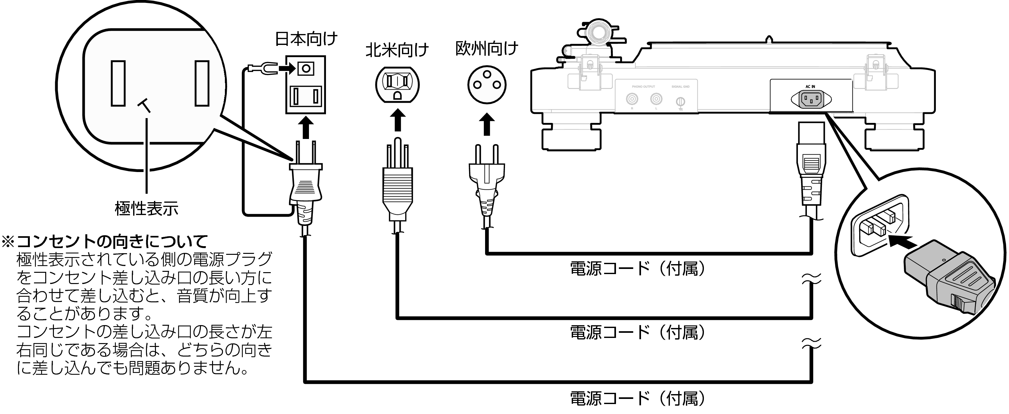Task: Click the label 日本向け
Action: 306,39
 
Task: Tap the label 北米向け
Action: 397,50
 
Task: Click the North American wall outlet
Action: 397,85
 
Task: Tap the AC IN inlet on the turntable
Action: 810,99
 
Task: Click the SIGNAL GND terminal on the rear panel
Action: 681,102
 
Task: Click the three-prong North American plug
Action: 398,184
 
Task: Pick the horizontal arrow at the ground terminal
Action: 287,69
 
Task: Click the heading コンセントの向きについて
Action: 112,242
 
